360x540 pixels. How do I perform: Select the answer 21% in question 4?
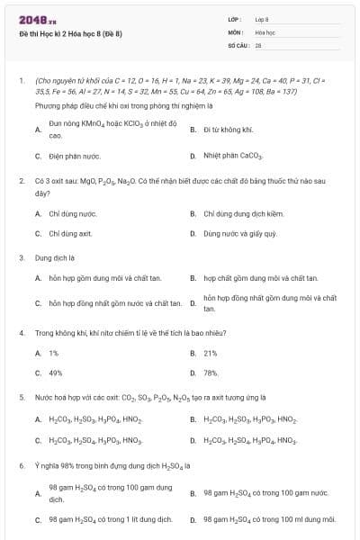(211, 353)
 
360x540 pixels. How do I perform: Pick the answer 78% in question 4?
(211, 373)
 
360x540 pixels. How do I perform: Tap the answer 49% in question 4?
(56, 373)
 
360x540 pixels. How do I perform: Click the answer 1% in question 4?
(54, 353)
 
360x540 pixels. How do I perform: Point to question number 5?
(21, 397)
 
